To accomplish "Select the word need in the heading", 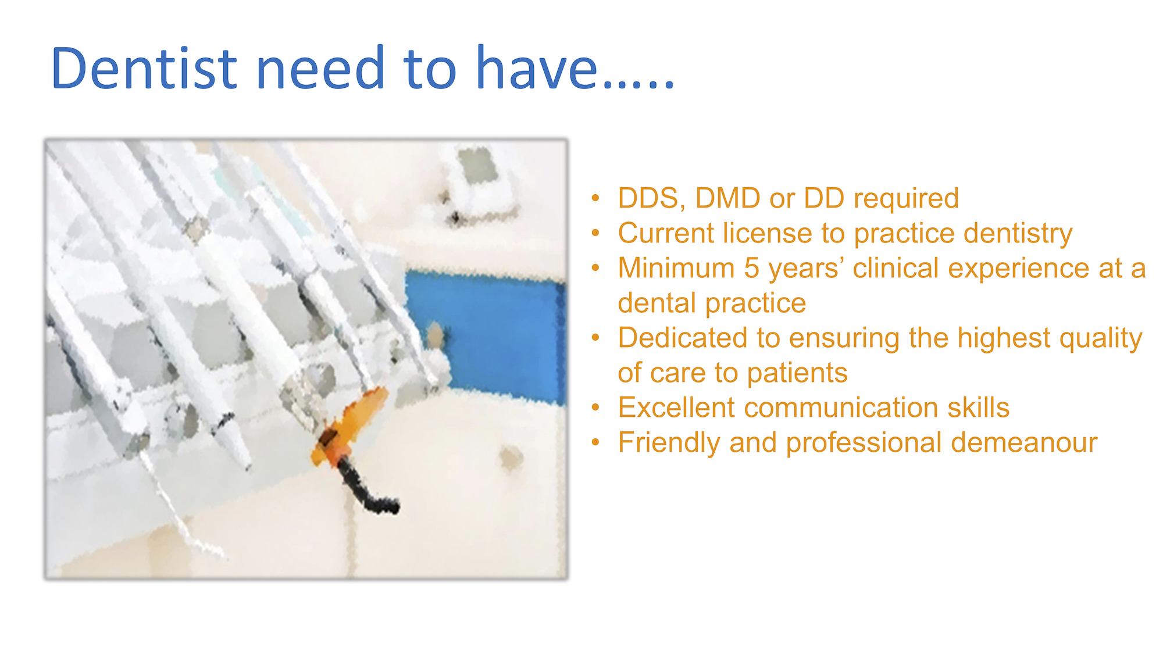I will pyautogui.click(x=320, y=69).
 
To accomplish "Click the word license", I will pyautogui.click(x=768, y=233).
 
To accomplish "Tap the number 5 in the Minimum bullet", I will pyautogui.click(x=751, y=268).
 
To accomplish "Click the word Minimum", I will pyautogui.click(x=677, y=268).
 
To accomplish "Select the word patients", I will pyautogui.click(x=797, y=373).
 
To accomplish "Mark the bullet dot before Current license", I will pyautogui.click(x=595, y=234).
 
